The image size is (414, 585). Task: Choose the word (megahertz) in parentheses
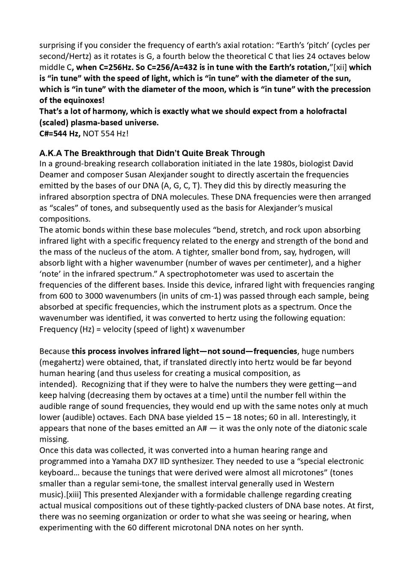pyautogui.click(x=61, y=362)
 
